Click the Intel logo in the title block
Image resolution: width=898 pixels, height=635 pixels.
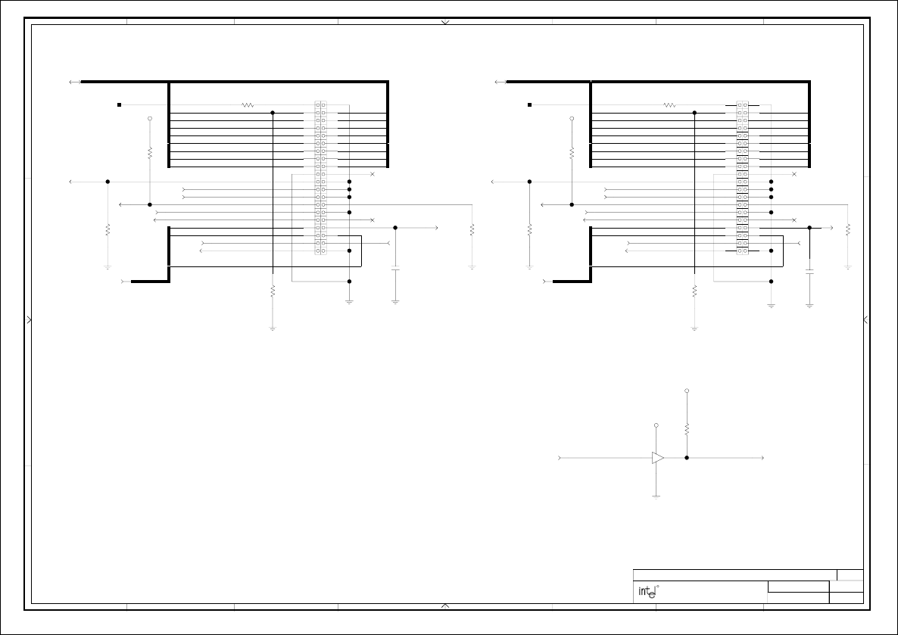point(646,592)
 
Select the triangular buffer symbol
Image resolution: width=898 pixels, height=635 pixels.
point(658,458)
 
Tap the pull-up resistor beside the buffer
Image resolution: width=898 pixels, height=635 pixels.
point(687,429)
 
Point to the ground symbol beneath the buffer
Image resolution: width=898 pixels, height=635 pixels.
point(656,496)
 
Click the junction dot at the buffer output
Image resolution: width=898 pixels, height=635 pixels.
point(687,458)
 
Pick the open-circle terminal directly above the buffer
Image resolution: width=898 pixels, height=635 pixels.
point(656,425)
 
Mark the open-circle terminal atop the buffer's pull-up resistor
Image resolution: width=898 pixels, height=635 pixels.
point(687,391)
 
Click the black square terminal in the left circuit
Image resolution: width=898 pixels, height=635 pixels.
point(119,104)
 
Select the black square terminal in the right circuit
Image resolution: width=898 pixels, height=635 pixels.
point(530,104)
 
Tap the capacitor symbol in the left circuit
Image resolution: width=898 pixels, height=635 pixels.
point(395,269)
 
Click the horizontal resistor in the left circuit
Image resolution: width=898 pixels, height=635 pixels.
point(248,105)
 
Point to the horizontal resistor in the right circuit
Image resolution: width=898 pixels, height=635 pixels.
point(669,105)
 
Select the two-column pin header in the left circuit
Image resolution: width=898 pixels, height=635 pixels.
point(321,178)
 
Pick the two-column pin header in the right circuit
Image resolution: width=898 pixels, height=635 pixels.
point(743,178)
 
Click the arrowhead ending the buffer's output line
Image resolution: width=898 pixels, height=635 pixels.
point(762,458)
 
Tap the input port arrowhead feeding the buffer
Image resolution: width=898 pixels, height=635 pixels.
point(560,458)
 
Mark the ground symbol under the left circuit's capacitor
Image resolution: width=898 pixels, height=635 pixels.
point(395,301)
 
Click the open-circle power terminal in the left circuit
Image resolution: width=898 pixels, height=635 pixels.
point(150,119)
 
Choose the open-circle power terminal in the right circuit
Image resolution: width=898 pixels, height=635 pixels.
point(572,119)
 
